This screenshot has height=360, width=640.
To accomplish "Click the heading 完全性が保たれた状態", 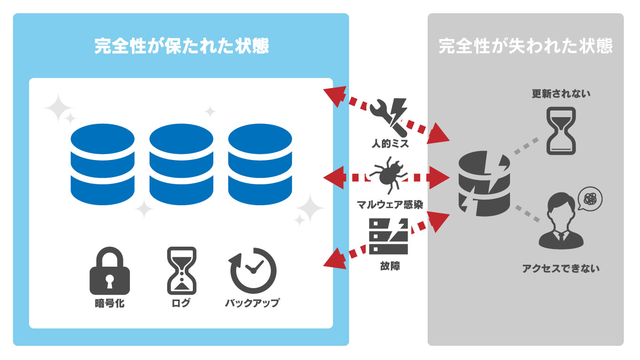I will click(181, 47).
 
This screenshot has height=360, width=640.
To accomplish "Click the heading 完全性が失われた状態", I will click(525, 47).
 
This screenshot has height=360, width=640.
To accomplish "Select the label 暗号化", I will click(110, 303).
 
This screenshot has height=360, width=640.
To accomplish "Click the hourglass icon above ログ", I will click(181, 270).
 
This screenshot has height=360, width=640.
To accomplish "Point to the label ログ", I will click(181, 303).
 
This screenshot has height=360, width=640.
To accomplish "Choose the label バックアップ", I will click(252, 303).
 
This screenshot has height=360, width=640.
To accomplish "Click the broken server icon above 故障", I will click(389, 237).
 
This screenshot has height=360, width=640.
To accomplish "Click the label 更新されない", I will click(561, 94).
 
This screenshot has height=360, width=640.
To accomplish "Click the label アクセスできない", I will click(561, 269).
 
